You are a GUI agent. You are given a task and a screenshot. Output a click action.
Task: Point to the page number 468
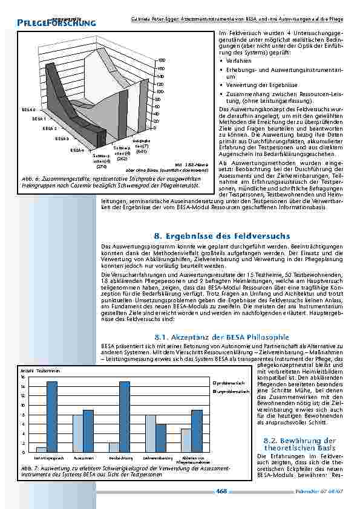(x=221, y=491)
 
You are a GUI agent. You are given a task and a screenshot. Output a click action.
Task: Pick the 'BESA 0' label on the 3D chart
(x=28, y=110)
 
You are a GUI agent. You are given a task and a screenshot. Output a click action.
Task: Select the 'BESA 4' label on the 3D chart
(x=77, y=149)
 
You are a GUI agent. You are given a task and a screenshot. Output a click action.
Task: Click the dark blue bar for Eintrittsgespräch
(x=52, y=417)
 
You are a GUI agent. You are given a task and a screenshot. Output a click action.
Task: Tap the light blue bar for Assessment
(x=77, y=433)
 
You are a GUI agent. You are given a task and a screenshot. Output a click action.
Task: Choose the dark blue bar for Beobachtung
(x=125, y=417)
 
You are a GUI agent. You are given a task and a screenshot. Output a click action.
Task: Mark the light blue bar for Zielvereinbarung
(x=151, y=433)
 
